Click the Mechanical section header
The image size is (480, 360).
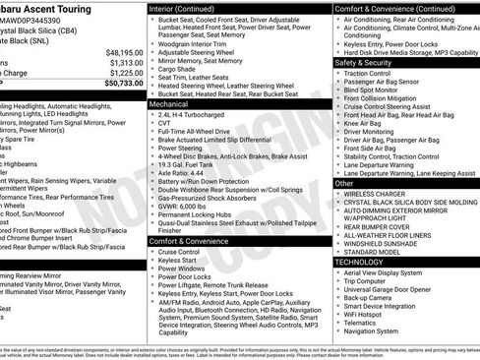point(170,101)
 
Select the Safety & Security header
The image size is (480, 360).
point(368,62)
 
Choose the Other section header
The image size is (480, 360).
point(344,183)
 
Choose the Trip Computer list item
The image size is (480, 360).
point(374,283)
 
